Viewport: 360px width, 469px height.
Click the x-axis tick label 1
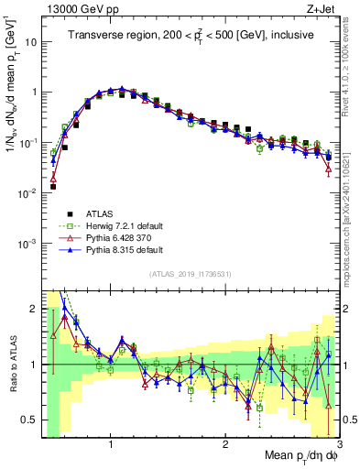point(111,442)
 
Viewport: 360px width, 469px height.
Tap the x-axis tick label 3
point(338,442)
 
